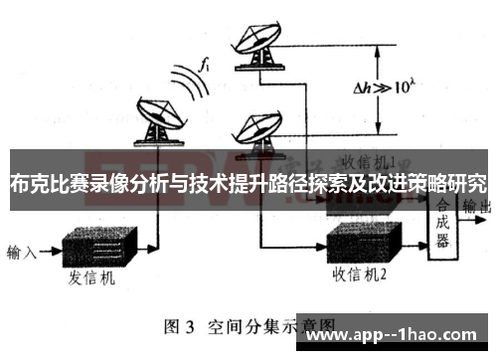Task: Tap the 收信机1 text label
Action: [x=369, y=159]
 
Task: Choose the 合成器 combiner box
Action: [x=442, y=219]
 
